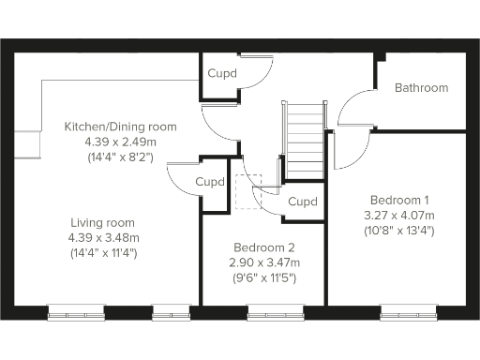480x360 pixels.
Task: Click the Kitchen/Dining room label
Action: coord(120,127)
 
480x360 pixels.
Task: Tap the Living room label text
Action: coord(103,222)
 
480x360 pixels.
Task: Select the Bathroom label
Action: coord(421,88)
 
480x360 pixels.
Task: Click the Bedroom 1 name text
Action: coord(399,200)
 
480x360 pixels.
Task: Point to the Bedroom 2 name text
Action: coord(263,247)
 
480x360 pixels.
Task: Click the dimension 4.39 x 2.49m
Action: coord(120,142)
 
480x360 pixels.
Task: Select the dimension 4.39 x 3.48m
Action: coord(103,237)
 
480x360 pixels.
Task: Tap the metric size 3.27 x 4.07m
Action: coord(399,215)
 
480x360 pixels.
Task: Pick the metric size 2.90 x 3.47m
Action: coord(263,262)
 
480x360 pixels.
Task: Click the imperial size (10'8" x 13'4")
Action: coord(399,231)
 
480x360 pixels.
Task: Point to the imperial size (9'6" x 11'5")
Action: coord(263,277)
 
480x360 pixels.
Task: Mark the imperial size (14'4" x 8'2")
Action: coord(120,157)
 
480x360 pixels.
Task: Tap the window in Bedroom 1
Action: coord(410,313)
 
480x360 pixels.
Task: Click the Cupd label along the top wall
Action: coord(222,73)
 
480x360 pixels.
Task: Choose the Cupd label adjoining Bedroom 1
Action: coord(303,202)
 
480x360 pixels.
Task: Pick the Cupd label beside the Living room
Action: coord(210,182)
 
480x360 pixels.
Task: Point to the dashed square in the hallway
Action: coord(248,190)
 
